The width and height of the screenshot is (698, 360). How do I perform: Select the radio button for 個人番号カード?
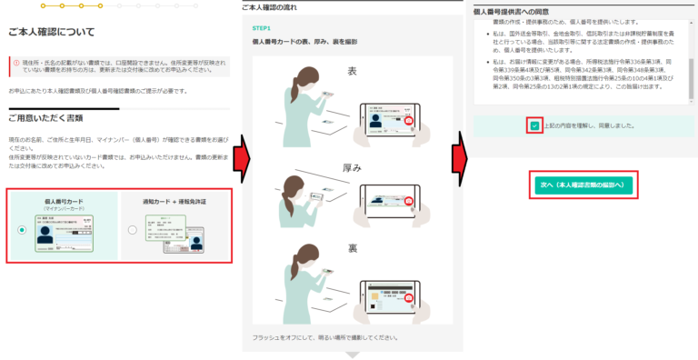(x=21, y=230)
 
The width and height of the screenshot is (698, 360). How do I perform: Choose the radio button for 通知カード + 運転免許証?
(x=133, y=230)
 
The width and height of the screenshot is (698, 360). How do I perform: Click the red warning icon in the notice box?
(x=16, y=63)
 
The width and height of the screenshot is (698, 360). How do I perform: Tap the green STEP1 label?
(x=263, y=28)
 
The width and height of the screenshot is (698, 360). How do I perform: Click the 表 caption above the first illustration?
(x=351, y=70)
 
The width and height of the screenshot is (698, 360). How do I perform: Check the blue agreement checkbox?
(x=534, y=125)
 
